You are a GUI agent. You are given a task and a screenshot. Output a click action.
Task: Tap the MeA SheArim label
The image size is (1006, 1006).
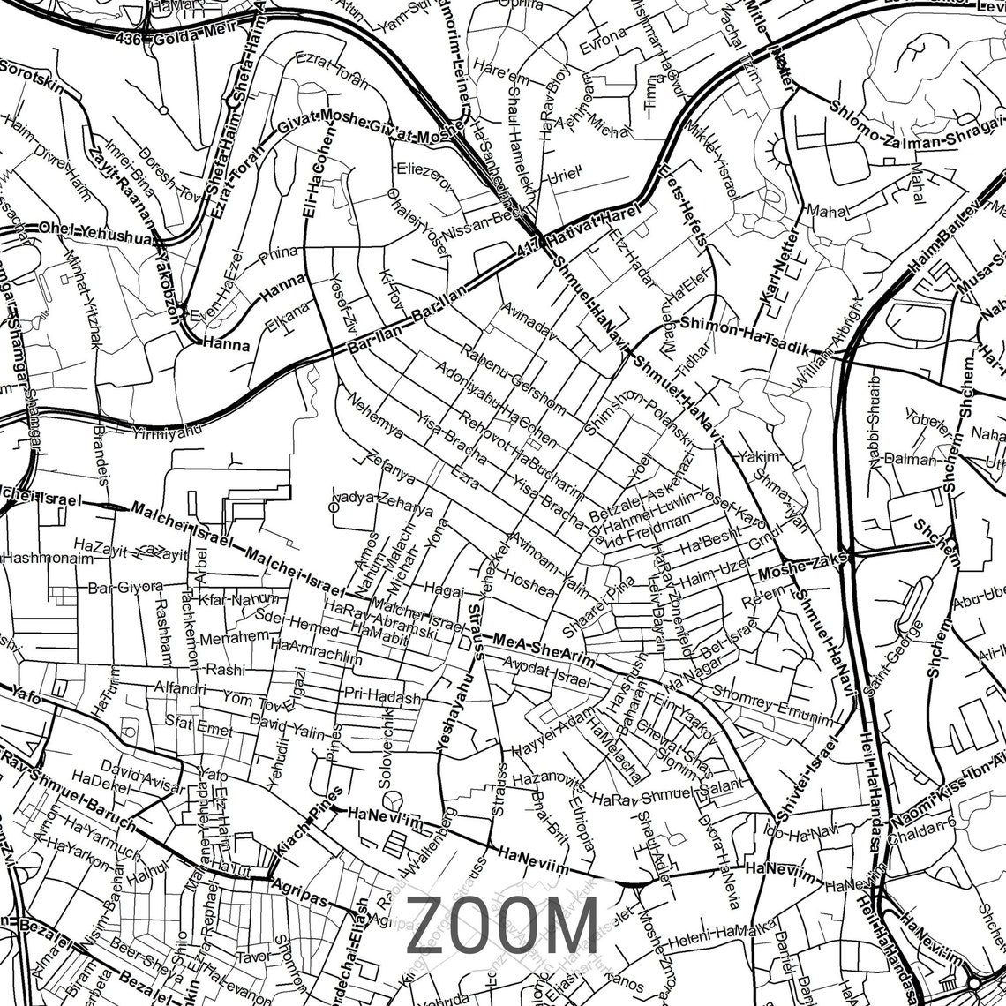544,649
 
